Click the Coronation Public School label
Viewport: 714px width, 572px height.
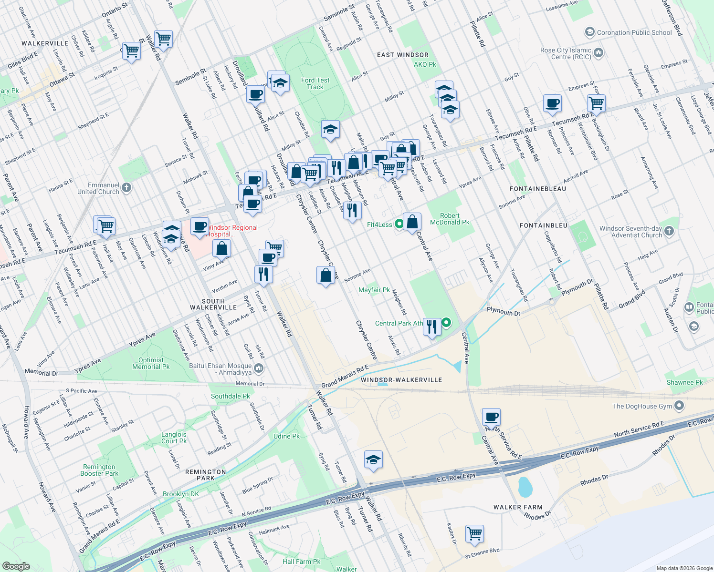pos(634,32)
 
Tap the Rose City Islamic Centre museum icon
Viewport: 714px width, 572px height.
pos(599,52)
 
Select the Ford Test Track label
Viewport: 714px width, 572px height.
pos(315,83)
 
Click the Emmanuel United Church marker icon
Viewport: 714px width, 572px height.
pos(126,188)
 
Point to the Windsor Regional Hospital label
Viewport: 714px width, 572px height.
pos(232,231)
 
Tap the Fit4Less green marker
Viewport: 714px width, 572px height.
pos(399,225)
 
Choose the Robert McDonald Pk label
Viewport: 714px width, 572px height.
pos(450,219)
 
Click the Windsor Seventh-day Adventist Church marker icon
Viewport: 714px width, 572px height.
pos(669,232)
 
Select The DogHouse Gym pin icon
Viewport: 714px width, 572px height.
pos(680,406)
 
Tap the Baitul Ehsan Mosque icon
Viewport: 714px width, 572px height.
pos(259,368)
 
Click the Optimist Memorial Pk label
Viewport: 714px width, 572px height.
pos(151,363)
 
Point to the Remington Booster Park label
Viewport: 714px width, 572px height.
pos(99,470)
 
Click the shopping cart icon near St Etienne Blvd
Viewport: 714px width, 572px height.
pos(475,533)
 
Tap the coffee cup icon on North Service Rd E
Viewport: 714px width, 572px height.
pos(491,417)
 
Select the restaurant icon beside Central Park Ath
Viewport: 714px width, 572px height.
pos(432,327)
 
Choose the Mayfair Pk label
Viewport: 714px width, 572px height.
pos(374,290)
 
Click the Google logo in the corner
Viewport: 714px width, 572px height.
pos(16,566)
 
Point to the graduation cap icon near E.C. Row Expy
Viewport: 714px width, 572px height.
pos(373,460)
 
